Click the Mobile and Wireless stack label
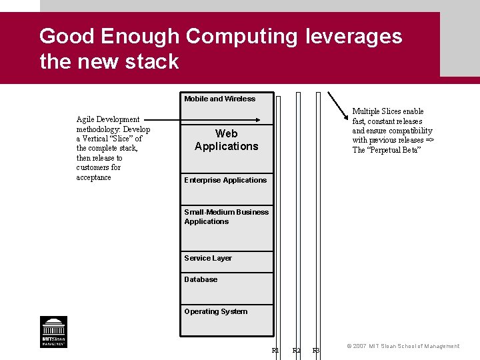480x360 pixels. tap(219, 99)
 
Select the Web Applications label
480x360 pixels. tap(226, 140)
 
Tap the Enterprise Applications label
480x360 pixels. tap(225, 180)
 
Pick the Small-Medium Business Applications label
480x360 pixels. tap(226, 217)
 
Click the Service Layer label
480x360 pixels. tap(208, 258)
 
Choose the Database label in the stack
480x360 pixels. tap(201, 279)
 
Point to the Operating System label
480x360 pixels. tap(215, 311)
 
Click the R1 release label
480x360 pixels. tap(275, 351)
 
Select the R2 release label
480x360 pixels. tap(297, 351)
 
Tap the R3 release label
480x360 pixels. tap(317, 351)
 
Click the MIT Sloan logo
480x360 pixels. tap(53, 331)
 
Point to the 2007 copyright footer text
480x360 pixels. tap(403, 346)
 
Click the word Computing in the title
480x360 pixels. tap(241, 36)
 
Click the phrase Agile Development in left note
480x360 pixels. tap(108, 119)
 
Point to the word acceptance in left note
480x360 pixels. tap(93, 177)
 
